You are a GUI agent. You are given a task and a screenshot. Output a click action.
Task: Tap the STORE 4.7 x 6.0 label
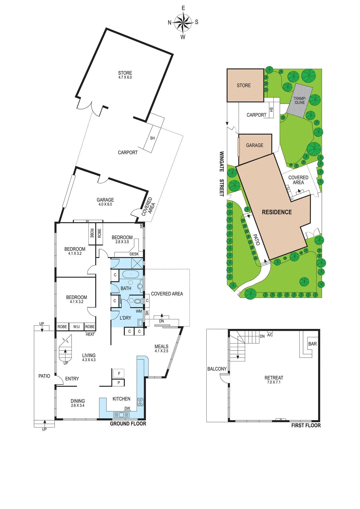coord(125,75)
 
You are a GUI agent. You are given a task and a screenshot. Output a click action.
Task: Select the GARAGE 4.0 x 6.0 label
coord(105,202)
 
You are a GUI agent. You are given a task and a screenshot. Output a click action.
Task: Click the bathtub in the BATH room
coord(131,274)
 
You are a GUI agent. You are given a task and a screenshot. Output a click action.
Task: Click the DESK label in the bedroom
coord(134,254)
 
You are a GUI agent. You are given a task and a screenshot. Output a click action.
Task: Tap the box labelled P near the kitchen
coord(119,383)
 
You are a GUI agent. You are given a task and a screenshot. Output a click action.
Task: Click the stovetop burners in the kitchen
coord(140,402)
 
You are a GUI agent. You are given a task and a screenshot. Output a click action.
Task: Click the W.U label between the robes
coord(76,327)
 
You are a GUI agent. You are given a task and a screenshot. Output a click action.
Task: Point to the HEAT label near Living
coord(90,334)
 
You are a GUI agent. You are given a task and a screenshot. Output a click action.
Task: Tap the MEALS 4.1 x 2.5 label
coord(161,348)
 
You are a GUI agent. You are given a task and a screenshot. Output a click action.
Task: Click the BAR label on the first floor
coord(312,344)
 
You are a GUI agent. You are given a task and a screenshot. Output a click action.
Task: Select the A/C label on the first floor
coord(270,335)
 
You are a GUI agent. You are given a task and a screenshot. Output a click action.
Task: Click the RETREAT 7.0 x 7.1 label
coord(273,380)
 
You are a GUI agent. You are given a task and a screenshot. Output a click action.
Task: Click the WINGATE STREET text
coord(222,173)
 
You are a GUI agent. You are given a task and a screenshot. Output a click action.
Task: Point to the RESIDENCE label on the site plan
coord(277,212)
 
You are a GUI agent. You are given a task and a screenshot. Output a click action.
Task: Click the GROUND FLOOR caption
coord(128,423)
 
